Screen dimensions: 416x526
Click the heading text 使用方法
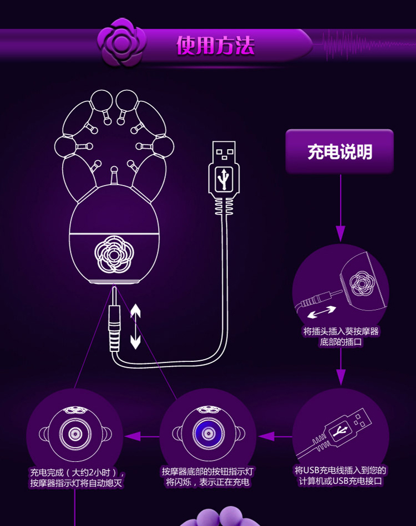(x=215, y=45)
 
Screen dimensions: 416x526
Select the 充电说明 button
(x=339, y=151)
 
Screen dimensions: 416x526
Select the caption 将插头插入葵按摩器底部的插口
(x=341, y=337)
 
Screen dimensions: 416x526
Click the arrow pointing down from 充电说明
(x=340, y=233)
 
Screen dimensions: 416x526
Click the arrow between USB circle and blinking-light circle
(x=275, y=436)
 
